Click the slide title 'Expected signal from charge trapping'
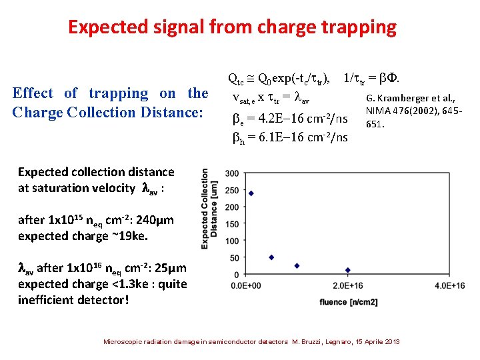[232, 27]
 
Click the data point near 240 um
[251, 193]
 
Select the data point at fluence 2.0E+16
[347, 270]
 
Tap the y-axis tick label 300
[233, 174]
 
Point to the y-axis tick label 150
[233, 224]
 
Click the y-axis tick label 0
[237, 275]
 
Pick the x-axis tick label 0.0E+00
[245, 285]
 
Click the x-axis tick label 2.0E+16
[347, 285]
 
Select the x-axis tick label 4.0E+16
[449, 285]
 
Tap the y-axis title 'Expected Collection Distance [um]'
[209, 209]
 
